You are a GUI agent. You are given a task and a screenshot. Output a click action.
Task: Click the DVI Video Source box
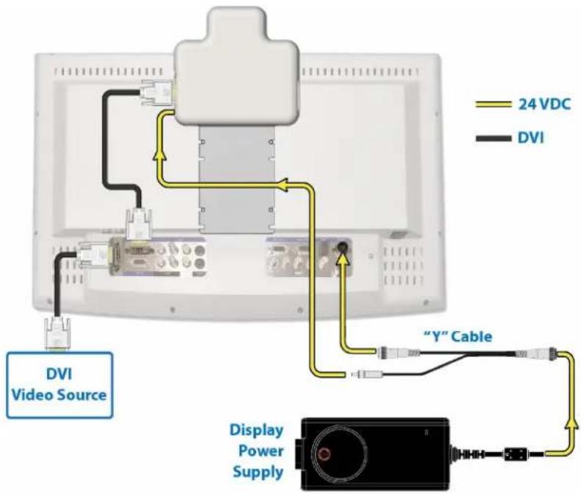click(x=60, y=385)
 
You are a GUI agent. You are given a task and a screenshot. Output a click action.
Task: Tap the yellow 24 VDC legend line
click(x=493, y=105)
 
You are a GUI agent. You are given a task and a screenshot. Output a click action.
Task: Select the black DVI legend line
click(x=493, y=138)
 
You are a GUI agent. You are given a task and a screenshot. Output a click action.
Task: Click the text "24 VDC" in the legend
click(x=544, y=105)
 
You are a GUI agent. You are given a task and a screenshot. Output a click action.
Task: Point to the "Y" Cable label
click(x=457, y=336)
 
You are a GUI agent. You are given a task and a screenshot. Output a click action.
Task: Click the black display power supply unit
click(x=375, y=454)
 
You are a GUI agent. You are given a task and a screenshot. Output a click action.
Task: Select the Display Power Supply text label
click(x=257, y=451)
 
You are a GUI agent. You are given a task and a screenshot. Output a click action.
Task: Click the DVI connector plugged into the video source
click(x=57, y=334)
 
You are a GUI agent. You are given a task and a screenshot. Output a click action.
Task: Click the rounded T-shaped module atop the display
click(x=236, y=66)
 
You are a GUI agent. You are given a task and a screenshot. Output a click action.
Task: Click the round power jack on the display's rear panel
click(x=341, y=247)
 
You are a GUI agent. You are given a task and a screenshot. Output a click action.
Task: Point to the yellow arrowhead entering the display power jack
click(x=343, y=261)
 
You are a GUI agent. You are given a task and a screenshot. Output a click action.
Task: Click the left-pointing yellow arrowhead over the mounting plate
click(x=284, y=185)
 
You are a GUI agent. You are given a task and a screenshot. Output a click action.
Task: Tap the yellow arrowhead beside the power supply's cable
click(x=572, y=424)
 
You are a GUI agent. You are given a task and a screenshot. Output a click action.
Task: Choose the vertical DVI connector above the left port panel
click(x=138, y=224)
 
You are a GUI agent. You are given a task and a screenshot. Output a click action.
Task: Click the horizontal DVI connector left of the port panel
click(x=93, y=255)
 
